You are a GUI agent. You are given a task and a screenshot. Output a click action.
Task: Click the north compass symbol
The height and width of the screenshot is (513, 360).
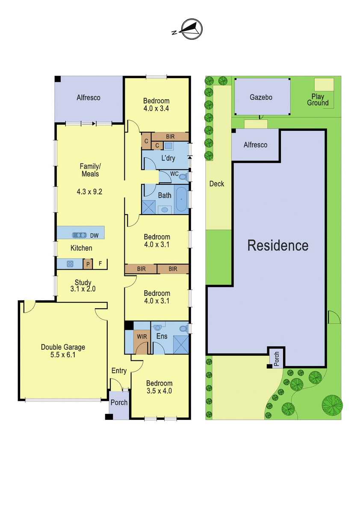(x=188, y=29)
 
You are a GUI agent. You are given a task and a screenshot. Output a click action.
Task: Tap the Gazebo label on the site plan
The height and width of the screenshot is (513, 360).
(x=261, y=97)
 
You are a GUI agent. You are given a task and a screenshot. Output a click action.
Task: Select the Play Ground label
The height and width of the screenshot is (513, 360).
(x=318, y=100)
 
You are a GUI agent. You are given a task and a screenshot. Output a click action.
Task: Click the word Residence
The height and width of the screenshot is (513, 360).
(x=278, y=245)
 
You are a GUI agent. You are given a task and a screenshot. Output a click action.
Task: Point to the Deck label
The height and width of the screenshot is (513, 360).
(x=217, y=184)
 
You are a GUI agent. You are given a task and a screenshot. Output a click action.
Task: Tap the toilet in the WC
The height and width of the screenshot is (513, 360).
(x=183, y=177)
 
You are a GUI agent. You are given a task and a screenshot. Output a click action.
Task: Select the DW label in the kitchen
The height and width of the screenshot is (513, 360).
(x=94, y=236)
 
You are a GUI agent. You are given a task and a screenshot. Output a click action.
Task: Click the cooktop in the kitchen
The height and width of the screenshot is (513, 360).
(x=70, y=264)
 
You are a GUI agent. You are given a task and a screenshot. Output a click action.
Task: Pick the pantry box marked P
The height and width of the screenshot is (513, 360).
(x=88, y=264)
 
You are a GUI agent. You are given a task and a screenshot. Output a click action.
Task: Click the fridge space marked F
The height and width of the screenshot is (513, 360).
(x=100, y=264)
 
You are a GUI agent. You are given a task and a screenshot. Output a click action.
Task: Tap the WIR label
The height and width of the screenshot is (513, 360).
(x=142, y=337)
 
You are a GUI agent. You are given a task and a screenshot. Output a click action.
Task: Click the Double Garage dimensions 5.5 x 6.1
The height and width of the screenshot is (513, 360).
(x=63, y=355)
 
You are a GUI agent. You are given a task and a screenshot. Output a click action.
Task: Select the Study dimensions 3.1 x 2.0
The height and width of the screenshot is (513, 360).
(x=83, y=289)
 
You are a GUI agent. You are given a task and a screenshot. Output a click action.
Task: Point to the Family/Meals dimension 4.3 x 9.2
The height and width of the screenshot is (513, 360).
(x=89, y=192)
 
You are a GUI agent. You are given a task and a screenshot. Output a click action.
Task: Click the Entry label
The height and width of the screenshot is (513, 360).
(x=119, y=371)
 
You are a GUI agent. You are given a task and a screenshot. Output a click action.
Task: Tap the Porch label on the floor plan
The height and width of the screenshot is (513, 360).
(x=119, y=402)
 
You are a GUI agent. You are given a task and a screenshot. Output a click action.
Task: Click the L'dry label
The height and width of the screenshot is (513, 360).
(x=168, y=158)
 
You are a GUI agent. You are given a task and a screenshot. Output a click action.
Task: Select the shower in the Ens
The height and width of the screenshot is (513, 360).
(x=181, y=345)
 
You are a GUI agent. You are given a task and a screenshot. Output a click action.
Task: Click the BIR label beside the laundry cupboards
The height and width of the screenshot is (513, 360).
(x=170, y=137)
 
